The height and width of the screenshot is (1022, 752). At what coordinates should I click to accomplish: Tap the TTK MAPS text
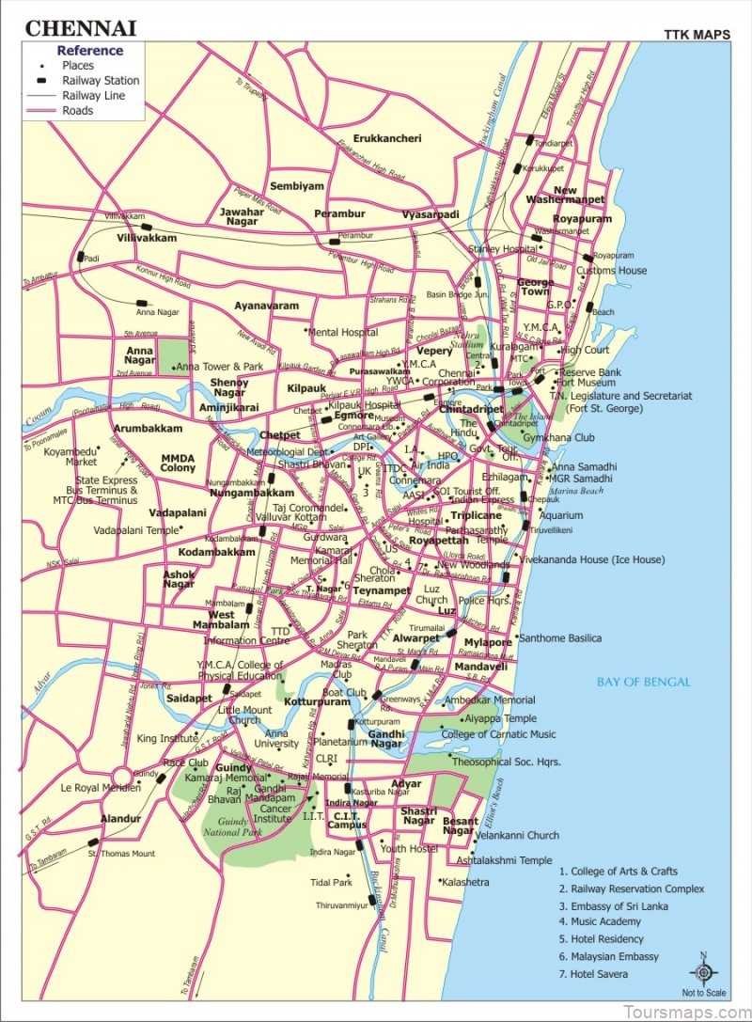(697, 35)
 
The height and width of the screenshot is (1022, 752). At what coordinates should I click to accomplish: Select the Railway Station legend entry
(100, 81)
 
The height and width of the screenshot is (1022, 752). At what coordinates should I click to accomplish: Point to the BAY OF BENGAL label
(644, 682)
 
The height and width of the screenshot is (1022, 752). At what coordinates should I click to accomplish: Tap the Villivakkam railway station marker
(146, 227)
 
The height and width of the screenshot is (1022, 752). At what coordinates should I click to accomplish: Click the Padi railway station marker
(81, 256)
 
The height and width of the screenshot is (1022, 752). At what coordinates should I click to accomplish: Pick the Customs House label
(611, 271)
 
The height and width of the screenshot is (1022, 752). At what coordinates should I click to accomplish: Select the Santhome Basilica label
(559, 638)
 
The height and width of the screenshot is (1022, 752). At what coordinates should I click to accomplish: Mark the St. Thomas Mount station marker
(93, 842)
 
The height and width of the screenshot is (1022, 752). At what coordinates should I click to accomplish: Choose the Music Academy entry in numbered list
(600, 922)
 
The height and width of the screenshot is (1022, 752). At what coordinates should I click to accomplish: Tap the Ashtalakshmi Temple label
(504, 859)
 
